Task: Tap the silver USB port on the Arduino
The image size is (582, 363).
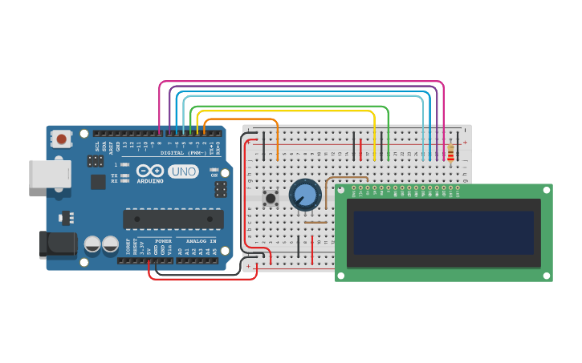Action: pos(50,174)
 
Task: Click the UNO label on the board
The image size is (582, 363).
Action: pos(183,171)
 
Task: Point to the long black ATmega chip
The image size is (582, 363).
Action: pos(173,219)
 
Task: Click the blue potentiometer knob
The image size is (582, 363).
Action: pos(305,195)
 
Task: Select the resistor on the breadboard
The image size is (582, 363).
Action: pos(450,153)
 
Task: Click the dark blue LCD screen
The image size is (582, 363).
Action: pos(443,232)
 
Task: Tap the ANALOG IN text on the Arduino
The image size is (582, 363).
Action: pos(201,241)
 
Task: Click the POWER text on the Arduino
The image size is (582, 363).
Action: pos(163,241)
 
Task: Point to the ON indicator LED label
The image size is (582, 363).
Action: pos(214,175)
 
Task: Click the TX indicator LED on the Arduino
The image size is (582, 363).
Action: pos(124,175)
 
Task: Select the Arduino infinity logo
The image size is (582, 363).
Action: pos(151,171)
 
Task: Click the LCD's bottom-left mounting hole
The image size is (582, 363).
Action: pos(341,276)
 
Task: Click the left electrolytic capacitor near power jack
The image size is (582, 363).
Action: pos(92,243)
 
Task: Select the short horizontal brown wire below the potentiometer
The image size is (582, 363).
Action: pos(315,223)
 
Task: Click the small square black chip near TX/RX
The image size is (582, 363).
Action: pos(98,182)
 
